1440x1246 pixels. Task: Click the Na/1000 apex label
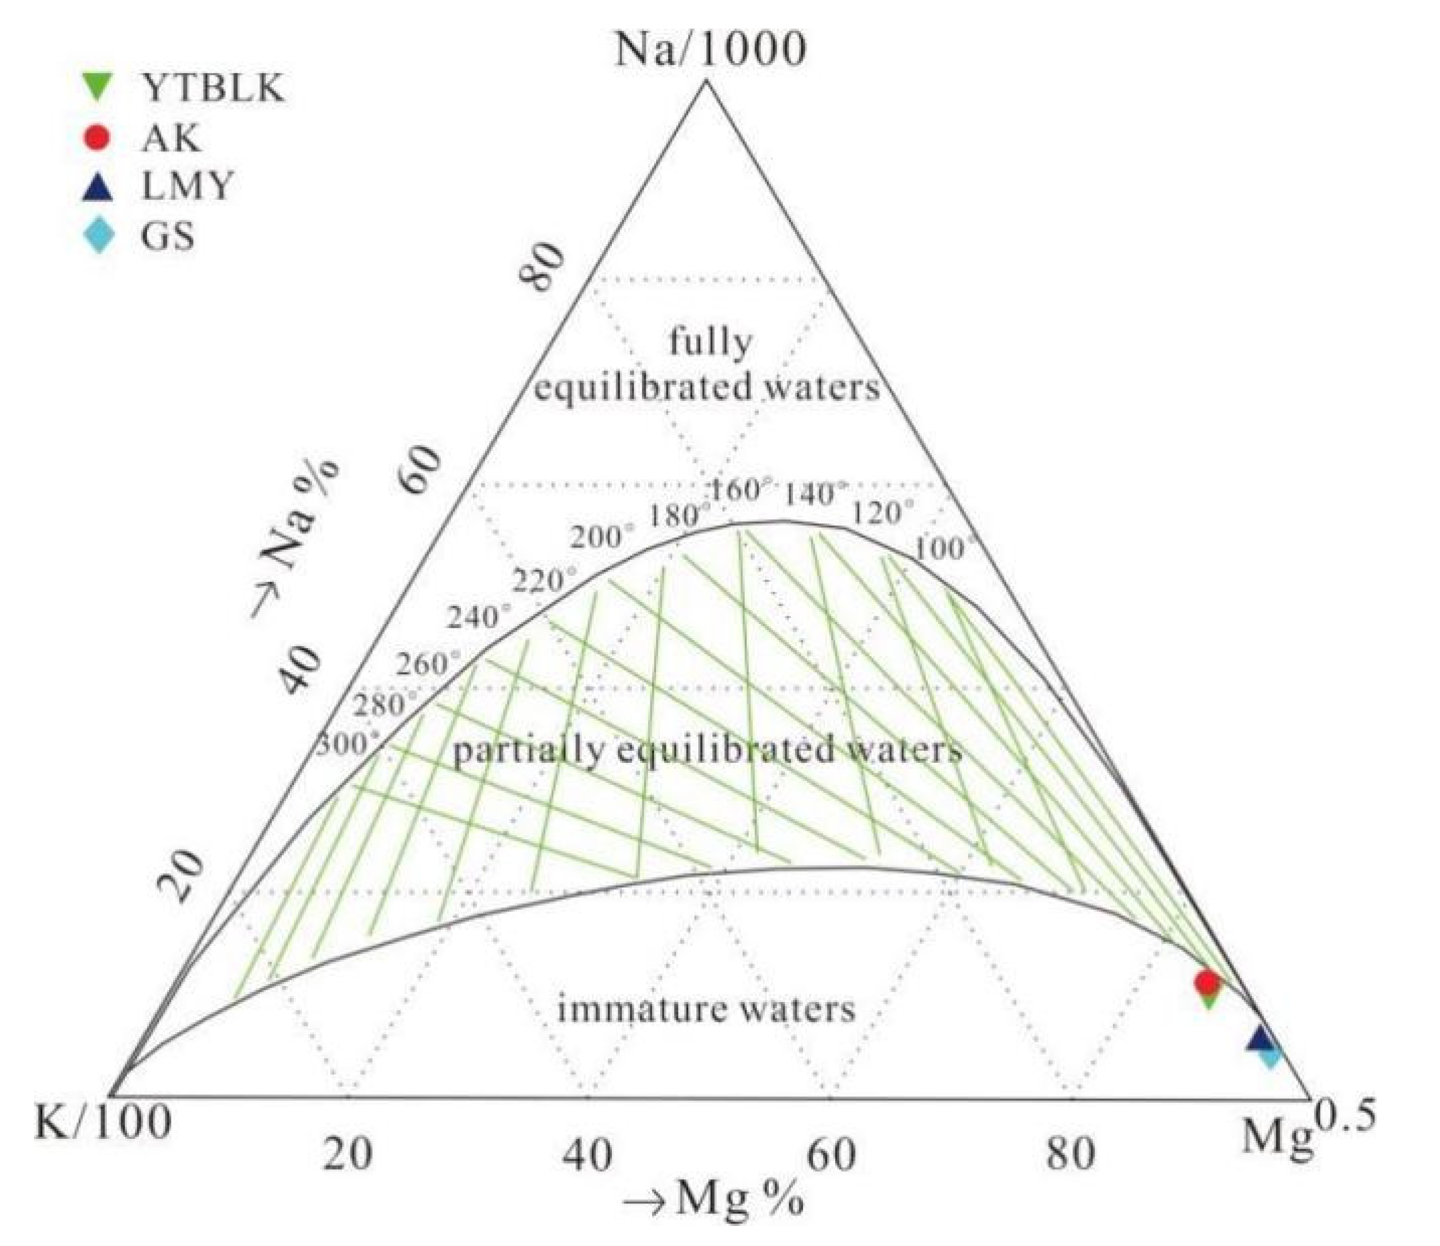[x=709, y=50]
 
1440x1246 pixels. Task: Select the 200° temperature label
[x=602, y=537]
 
